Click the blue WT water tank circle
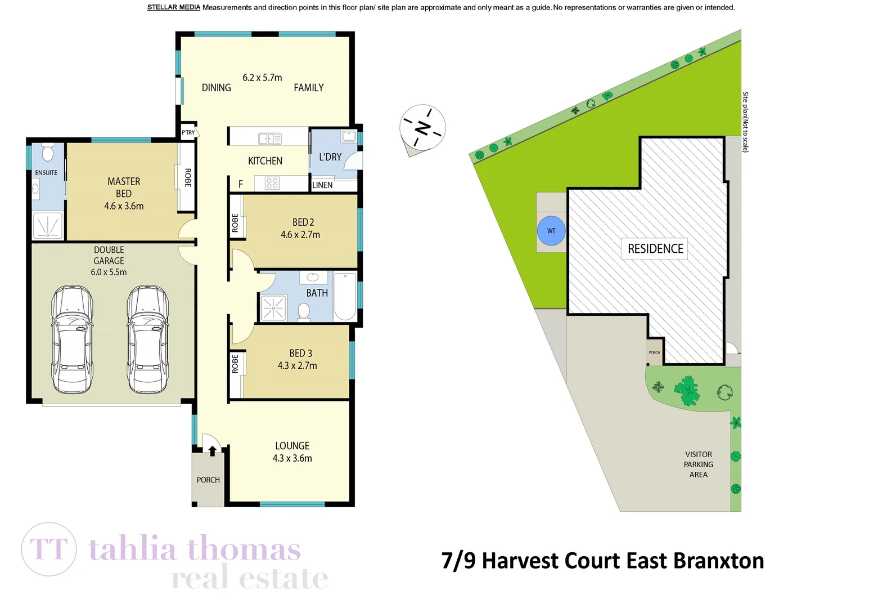pyautogui.click(x=551, y=231)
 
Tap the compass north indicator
pyautogui.click(x=423, y=128)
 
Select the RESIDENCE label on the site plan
pyautogui.click(x=655, y=249)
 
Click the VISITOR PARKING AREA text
pyautogui.click(x=698, y=464)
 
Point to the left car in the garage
pyautogui.click(x=72, y=339)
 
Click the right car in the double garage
pyautogui.click(x=147, y=339)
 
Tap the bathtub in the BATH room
pyautogui.click(x=345, y=296)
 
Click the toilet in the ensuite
pyautogui.click(x=48, y=153)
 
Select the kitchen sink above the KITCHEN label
pyautogui.click(x=270, y=138)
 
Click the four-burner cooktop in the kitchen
pyautogui.click(x=272, y=183)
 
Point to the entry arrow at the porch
pyautogui.click(x=213, y=450)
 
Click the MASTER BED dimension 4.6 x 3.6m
pyautogui.click(x=124, y=206)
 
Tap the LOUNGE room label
pyautogui.click(x=292, y=446)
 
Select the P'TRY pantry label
pyautogui.click(x=188, y=133)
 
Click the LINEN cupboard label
pyautogui.click(x=322, y=185)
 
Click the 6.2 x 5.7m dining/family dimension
pyautogui.click(x=262, y=78)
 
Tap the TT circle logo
pyautogui.click(x=49, y=549)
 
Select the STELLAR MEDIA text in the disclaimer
pyautogui.click(x=173, y=7)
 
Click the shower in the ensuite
pyautogui.click(x=47, y=226)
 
